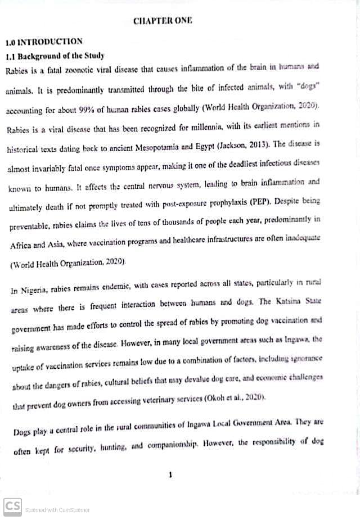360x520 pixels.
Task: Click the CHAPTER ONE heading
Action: point(163,21)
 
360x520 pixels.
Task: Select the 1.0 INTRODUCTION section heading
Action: point(44,42)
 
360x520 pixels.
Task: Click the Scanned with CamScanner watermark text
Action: point(57,510)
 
